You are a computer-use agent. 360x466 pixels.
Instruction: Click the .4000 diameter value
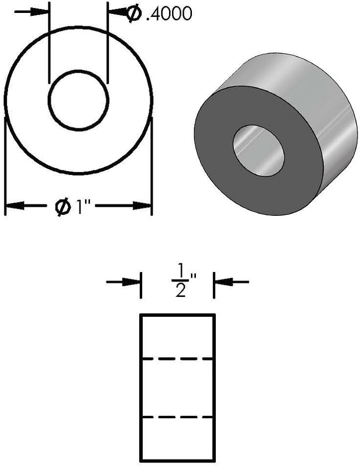(x=169, y=14)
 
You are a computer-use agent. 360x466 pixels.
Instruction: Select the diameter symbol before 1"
(x=63, y=206)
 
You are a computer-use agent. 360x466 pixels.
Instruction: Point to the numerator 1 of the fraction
(x=180, y=271)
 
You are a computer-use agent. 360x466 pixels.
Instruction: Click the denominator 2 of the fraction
(x=180, y=290)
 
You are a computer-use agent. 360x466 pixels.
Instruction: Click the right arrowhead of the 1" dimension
(x=142, y=205)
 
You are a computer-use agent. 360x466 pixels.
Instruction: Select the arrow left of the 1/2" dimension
(x=123, y=282)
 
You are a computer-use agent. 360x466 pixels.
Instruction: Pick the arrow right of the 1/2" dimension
(x=232, y=282)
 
